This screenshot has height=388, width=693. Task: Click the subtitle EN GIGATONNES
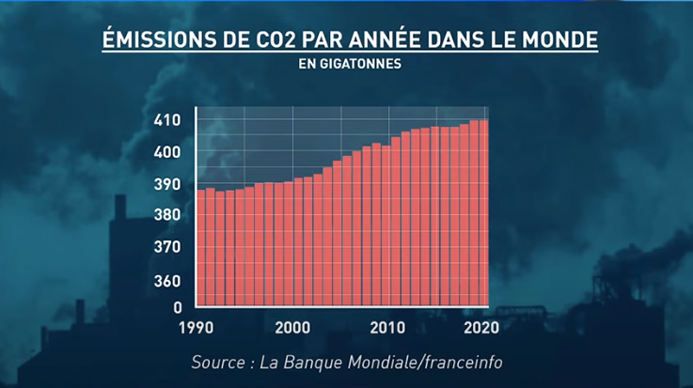pyautogui.click(x=346, y=66)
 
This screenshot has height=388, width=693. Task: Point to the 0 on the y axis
pyautogui.click(x=176, y=307)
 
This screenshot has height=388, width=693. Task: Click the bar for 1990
pyautogui.click(x=200, y=249)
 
